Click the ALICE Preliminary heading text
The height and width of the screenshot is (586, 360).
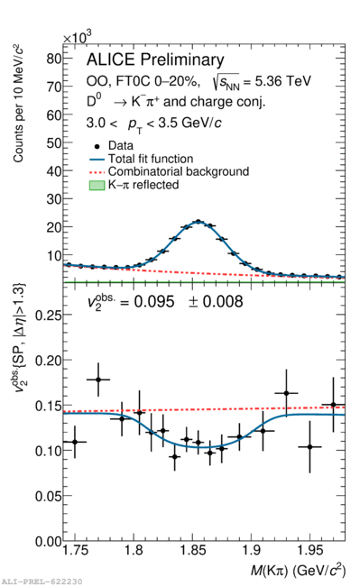155,60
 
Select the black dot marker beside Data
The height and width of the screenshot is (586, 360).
97,146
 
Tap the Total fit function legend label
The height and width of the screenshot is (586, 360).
151,159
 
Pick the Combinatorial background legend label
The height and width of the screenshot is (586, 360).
179,171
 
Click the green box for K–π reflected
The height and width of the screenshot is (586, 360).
97,186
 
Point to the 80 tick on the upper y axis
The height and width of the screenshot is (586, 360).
54,59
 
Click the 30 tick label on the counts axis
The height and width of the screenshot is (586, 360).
54,199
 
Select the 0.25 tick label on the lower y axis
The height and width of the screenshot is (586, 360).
48,315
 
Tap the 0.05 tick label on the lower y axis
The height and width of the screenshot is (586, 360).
48,496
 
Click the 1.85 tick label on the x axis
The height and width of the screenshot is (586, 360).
192,551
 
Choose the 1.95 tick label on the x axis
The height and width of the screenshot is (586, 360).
309,551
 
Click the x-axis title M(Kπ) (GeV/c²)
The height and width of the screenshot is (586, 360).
298,570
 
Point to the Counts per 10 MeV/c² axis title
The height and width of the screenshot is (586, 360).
18,104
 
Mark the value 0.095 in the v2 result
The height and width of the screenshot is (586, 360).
154,302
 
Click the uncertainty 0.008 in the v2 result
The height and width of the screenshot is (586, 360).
223,302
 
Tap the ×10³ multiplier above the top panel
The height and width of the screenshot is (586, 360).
77,37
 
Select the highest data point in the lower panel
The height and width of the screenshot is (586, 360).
98,380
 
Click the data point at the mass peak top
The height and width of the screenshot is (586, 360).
198,222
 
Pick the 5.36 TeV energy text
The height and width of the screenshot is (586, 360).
283,81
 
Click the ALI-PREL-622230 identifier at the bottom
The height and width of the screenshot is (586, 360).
42,581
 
